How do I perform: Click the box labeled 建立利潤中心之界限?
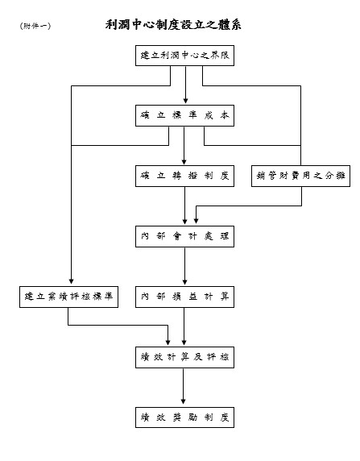[185, 56]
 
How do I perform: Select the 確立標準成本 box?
[185, 116]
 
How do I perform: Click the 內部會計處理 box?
[185, 236]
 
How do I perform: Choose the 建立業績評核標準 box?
[69, 297]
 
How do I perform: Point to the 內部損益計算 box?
[185, 297]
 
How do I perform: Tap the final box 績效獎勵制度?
[185, 417]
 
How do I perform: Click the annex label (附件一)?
[35, 26]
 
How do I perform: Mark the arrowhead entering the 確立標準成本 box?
[185, 102]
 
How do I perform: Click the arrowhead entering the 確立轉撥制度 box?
[185, 162]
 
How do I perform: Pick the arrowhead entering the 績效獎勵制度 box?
[185, 403]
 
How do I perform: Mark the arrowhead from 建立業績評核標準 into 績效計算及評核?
[168, 343]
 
